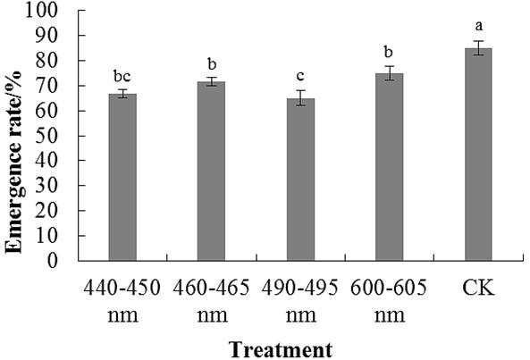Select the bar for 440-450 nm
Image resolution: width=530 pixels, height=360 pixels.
click(122, 177)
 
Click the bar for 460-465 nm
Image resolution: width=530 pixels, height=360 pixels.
click(211, 172)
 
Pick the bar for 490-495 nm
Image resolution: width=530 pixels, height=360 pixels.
click(300, 180)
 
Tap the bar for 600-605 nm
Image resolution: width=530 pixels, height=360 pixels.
click(390, 167)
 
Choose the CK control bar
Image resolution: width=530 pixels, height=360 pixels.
click(478, 155)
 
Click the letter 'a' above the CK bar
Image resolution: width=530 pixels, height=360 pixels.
click(479, 26)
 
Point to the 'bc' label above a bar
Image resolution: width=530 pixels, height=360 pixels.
click(122, 76)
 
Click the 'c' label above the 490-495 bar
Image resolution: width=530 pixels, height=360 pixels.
click(300, 77)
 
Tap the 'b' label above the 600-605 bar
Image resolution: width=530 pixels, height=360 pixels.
click(389, 52)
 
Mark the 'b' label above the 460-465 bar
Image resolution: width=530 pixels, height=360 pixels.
click(212, 63)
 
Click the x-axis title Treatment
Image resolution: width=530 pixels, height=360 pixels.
click(281, 349)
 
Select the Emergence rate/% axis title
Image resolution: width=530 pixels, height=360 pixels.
click(13, 162)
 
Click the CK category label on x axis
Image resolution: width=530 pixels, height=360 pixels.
click(478, 289)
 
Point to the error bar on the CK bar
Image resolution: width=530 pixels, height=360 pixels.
click(478, 48)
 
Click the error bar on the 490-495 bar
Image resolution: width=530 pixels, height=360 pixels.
click(300, 98)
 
